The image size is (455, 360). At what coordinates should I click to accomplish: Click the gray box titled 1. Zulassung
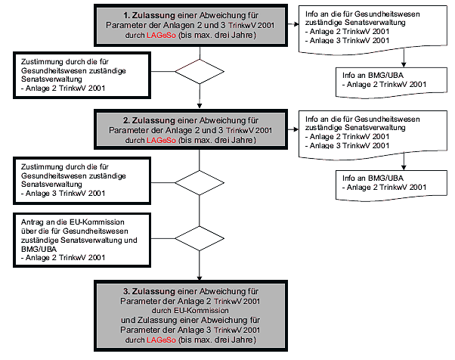[x=199, y=25]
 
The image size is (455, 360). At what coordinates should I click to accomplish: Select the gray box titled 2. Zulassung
[x=199, y=129]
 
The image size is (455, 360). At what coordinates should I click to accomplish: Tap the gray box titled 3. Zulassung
[x=199, y=315]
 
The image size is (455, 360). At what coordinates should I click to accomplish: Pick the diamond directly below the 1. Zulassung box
[x=199, y=72]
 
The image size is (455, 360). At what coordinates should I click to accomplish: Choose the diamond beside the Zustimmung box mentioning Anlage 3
[x=199, y=182]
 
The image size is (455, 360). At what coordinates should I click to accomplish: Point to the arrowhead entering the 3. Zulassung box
[x=199, y=275]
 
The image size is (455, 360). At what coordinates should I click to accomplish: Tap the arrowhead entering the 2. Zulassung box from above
[x=199, y=106]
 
